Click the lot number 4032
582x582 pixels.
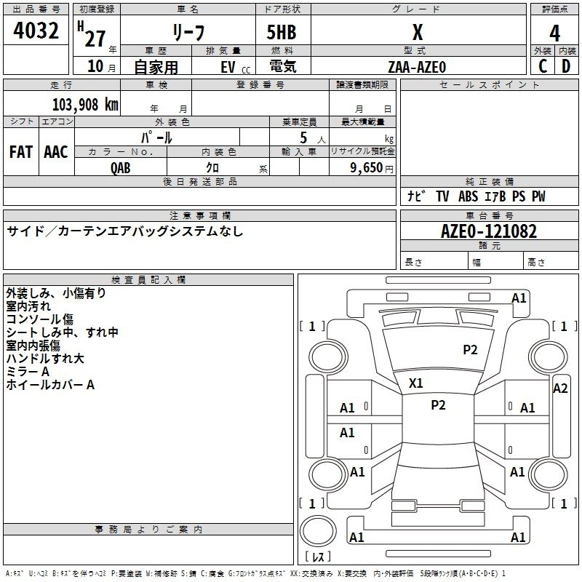[36, 31]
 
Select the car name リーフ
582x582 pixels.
[188, 33]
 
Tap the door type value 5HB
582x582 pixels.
[282, 33]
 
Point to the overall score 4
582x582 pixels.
[554, 33]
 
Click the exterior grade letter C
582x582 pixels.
[543, 66]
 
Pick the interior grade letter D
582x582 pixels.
[566, 66]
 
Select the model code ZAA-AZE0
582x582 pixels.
[417, 67]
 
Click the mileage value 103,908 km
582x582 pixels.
[85, 105]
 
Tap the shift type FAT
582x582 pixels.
[21, 152]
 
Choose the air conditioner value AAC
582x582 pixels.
[56, 152]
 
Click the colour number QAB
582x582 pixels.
[121, 167]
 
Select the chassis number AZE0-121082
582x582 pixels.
[489, 232]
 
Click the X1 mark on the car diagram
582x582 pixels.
[416, 383]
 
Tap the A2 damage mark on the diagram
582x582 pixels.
[560, 388]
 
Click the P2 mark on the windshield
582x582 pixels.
[470, 350]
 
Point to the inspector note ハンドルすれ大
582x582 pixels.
[45, 359]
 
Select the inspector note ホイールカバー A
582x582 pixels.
[50, 385]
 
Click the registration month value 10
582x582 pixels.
[95, 67]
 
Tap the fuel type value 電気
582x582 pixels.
[282, 67]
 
